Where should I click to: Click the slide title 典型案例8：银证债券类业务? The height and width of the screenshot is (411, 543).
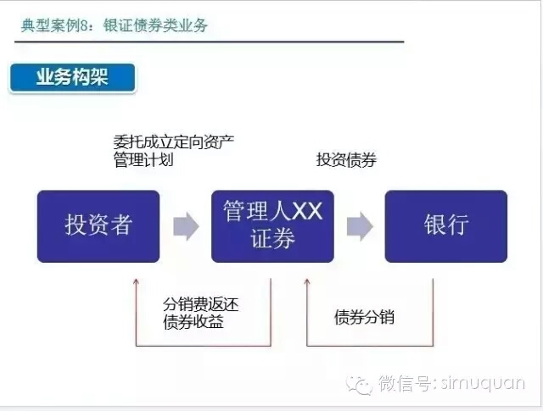(114, 25)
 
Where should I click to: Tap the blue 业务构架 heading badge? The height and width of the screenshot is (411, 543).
(72, 77)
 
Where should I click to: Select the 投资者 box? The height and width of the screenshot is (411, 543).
(98, 226)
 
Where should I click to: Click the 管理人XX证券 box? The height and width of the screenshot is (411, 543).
(272, 226)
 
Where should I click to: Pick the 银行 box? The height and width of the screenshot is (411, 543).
(446, 226)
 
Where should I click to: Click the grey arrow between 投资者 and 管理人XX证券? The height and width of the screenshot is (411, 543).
(186, 226)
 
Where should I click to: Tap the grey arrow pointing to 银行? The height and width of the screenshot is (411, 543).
(360, 226)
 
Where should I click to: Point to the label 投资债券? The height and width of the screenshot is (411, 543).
(346, 160)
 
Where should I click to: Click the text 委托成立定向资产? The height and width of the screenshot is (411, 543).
(173, 142)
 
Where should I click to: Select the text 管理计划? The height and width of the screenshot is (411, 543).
(143, 160)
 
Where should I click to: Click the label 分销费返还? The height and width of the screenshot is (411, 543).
(200, 304)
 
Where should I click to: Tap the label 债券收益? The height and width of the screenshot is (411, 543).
(193, 322)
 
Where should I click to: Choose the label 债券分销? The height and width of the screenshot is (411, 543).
(364, 317)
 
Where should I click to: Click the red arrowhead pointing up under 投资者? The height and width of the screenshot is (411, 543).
(136, 281)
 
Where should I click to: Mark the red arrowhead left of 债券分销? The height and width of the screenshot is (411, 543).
(307, 281)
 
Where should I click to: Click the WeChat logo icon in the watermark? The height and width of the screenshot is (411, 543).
(359, 385)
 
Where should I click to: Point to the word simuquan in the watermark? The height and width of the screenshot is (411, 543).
(483, 383)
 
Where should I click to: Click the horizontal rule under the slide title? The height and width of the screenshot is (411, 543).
(210, 42)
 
